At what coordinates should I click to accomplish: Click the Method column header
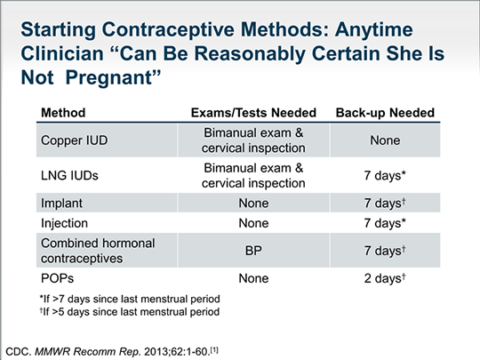[61, 113]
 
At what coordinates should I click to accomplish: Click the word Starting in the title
[64, 21]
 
